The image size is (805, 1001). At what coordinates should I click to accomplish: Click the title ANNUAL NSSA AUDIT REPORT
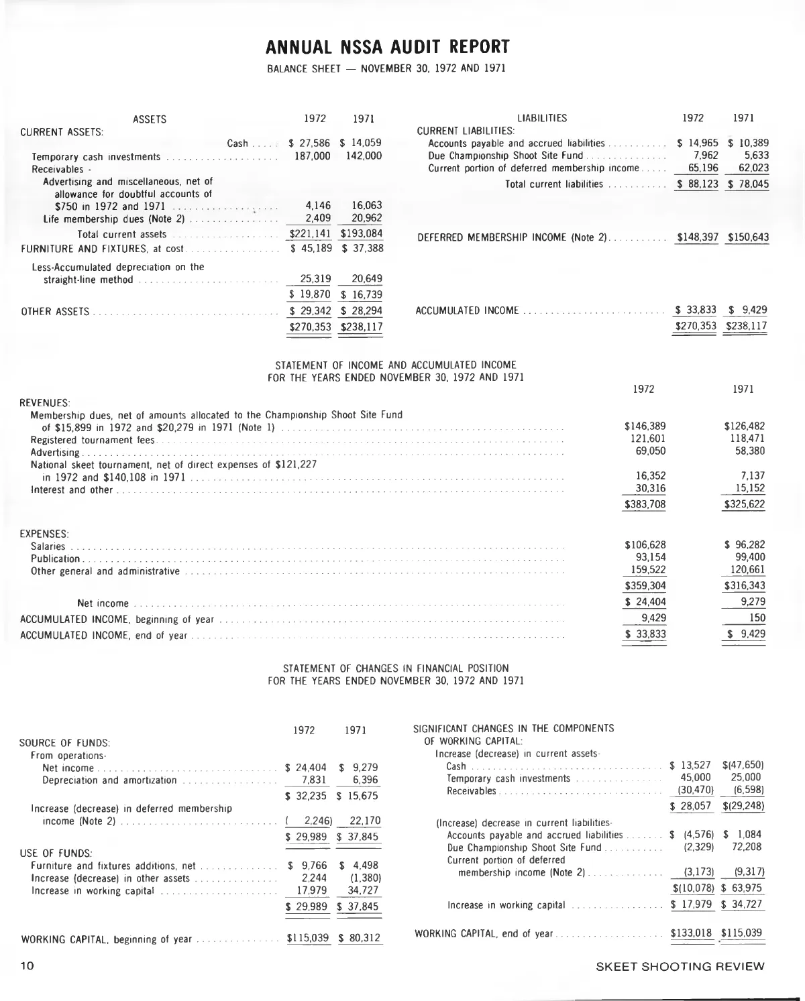pos(388,47)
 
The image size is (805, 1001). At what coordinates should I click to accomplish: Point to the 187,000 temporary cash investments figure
pos(313,156)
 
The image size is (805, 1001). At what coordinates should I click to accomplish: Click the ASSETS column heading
pos(150,120)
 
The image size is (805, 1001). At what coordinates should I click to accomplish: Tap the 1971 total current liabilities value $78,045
pos(749,184)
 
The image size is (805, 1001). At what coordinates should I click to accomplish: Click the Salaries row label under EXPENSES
pos(48,546)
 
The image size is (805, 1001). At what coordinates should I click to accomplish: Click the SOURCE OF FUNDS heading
pos(65,743)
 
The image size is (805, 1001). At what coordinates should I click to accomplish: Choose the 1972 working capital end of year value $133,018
pos(691,933)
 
